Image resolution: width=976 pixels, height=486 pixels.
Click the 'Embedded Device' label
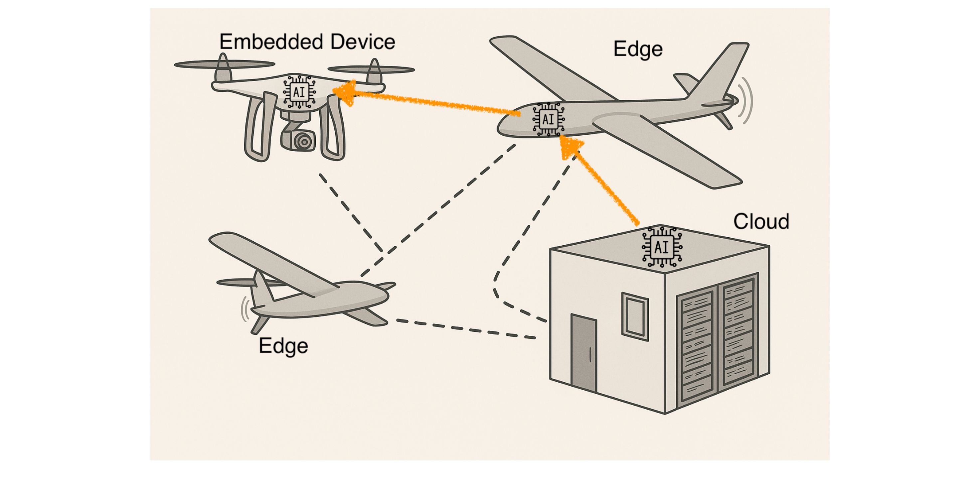[x=307, y=42]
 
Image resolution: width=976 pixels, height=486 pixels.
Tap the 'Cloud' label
[x=761, y=221]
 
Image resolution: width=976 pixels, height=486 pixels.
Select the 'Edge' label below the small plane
[x=283, y=346]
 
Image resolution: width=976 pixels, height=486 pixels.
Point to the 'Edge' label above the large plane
[x=638, y=49]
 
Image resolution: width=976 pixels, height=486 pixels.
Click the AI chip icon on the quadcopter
[x=299, y=92]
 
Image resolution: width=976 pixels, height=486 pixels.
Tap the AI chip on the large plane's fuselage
[x=548, y=119]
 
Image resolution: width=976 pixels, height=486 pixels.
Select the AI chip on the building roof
[x=662, y=247]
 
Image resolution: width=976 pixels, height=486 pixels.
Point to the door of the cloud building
[x=583, y=354]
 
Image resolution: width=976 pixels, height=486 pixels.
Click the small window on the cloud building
[x=635, y=316]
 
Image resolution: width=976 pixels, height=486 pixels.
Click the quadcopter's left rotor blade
[x=224, y=64]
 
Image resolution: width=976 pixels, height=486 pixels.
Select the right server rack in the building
[x=738, y=333]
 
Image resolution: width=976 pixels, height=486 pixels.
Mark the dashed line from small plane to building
[x=466, y=328]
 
